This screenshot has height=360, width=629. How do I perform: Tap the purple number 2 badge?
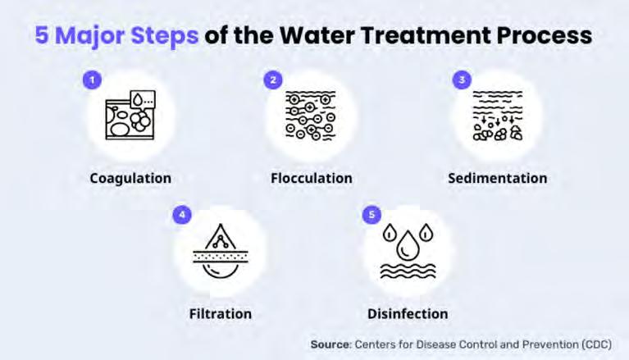coord(273,80)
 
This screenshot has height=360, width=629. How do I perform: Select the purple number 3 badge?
coord(462,80)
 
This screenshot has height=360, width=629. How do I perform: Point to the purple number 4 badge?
coord(182,215)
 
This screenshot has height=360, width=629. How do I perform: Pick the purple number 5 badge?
coord(371,215)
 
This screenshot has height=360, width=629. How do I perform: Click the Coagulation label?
coord(130,178)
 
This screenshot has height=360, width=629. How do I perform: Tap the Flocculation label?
coord(312,178)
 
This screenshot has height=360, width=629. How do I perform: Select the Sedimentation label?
coord(498,178)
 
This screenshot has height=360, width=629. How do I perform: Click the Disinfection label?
coord(408,313)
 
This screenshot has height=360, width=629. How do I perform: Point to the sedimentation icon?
coord(498,117)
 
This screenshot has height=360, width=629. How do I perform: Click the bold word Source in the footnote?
coord(330,344)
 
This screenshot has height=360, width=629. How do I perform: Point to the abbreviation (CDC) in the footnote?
coord(593,344)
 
